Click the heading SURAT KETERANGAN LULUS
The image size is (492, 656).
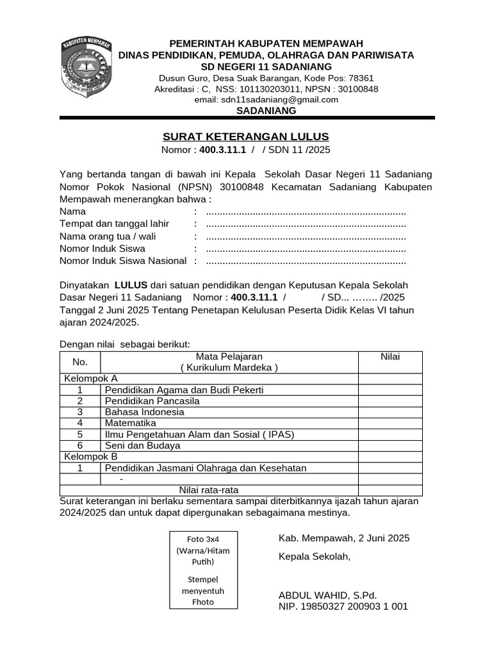(x=246, y=136)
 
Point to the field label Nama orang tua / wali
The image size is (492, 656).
(x=108, y=236)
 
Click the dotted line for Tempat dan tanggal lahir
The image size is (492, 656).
(x=306, y=224)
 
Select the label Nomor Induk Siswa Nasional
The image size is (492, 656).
(x=123, y=260)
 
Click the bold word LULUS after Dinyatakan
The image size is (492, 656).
(x=131, y=284)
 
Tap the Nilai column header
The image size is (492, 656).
(x=390, y=357)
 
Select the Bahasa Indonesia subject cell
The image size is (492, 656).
(x=145, y=412)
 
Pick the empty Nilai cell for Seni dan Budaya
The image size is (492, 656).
(x=390, y=445)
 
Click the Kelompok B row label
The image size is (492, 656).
(x=90, y=457)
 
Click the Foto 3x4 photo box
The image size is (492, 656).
(x=203, y=569)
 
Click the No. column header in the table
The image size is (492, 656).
(x=80, y=362)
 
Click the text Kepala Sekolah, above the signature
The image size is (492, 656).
(x=315, y=556)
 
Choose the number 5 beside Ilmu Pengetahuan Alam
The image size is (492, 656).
(x=80, y=434)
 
